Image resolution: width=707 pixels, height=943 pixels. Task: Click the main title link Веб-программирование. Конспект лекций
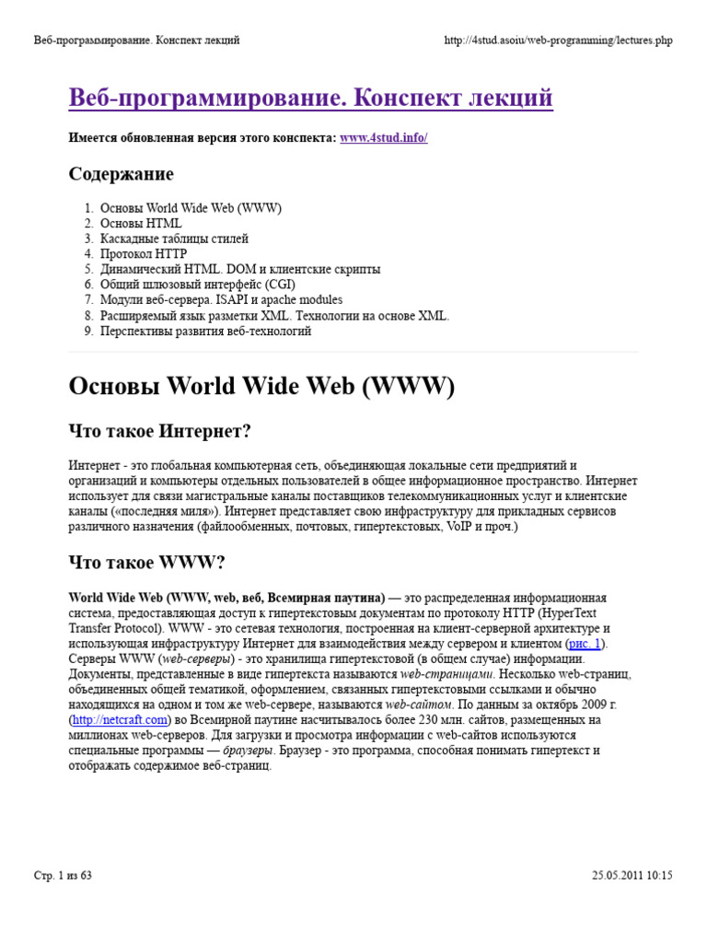[311, 99]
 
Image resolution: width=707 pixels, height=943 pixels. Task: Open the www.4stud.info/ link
[384, 138]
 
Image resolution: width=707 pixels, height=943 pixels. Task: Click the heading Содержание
[122, 174]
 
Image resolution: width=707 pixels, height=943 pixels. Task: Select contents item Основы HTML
[141, 223]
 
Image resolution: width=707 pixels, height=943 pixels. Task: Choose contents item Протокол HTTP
[144, 254]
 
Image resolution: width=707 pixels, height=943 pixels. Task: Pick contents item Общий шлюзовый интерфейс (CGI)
[198, 285]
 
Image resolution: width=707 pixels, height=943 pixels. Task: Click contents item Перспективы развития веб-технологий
[205, 331]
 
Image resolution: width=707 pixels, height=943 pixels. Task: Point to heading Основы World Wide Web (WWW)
[261, 387]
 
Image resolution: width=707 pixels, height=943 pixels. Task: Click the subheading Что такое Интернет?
[160, 431]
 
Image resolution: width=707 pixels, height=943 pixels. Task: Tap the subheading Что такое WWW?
[147, 562]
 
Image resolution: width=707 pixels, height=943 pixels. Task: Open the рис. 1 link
[586, 644]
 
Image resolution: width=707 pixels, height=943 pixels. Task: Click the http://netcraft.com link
[120, 720]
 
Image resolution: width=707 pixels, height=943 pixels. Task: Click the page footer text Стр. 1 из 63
[64, 875]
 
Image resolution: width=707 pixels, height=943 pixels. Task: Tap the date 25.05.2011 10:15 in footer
[632, 875]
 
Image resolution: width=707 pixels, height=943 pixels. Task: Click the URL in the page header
[559, 41]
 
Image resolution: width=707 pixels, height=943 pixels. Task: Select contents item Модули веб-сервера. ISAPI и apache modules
[221, 300]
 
